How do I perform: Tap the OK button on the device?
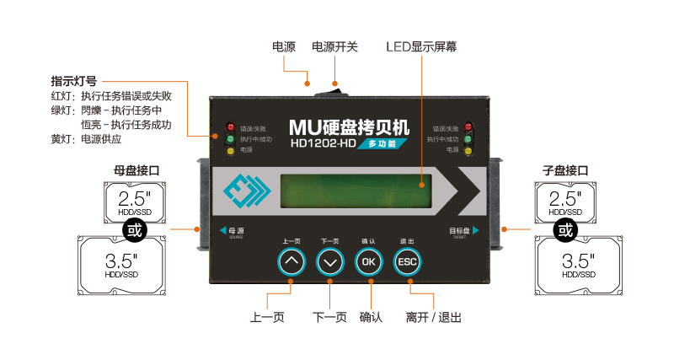[369, 262]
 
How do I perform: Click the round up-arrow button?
[292, 262]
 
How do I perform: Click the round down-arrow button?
[330, 262]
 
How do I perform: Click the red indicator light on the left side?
[229, 128]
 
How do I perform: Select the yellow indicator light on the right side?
[471, 150]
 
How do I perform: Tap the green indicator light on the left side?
[229, 139]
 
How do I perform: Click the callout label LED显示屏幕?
[422, 47]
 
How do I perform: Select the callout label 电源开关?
[334, 47]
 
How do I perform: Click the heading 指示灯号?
[73, 82]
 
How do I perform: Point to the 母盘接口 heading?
[136, 170]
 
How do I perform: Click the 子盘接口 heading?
[565, 170]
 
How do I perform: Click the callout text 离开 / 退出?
[433, 318]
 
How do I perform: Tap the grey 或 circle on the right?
[567, 229]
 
